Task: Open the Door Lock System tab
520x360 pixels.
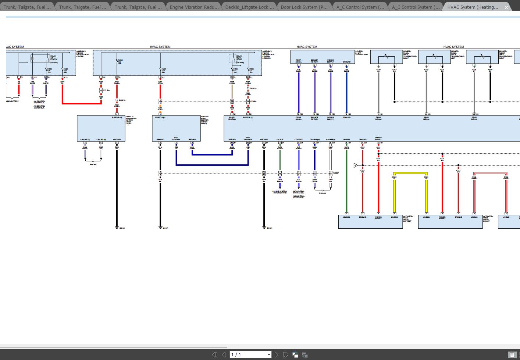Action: (304, 7)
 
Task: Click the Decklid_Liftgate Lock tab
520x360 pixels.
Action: (249, 7)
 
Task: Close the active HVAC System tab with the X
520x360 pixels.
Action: (506, 7)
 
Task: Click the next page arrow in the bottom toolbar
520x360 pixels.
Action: (277, 354)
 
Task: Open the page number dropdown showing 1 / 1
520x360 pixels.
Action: (269, 355)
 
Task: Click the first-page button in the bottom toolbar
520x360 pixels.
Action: (215, 354)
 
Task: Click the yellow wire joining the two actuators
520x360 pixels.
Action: (410, 173)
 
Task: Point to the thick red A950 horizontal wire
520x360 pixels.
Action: (81, 103)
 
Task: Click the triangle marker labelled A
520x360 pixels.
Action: (356, 165)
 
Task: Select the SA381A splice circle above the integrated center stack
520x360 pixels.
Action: (117, 100)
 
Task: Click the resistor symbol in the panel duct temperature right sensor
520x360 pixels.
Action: (386, 56)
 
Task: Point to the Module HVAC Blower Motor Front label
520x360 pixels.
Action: (205, 120)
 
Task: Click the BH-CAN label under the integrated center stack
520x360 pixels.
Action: (93, 164)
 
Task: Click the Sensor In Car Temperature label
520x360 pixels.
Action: (361, 53)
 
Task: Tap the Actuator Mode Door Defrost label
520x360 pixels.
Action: (408, 219)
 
